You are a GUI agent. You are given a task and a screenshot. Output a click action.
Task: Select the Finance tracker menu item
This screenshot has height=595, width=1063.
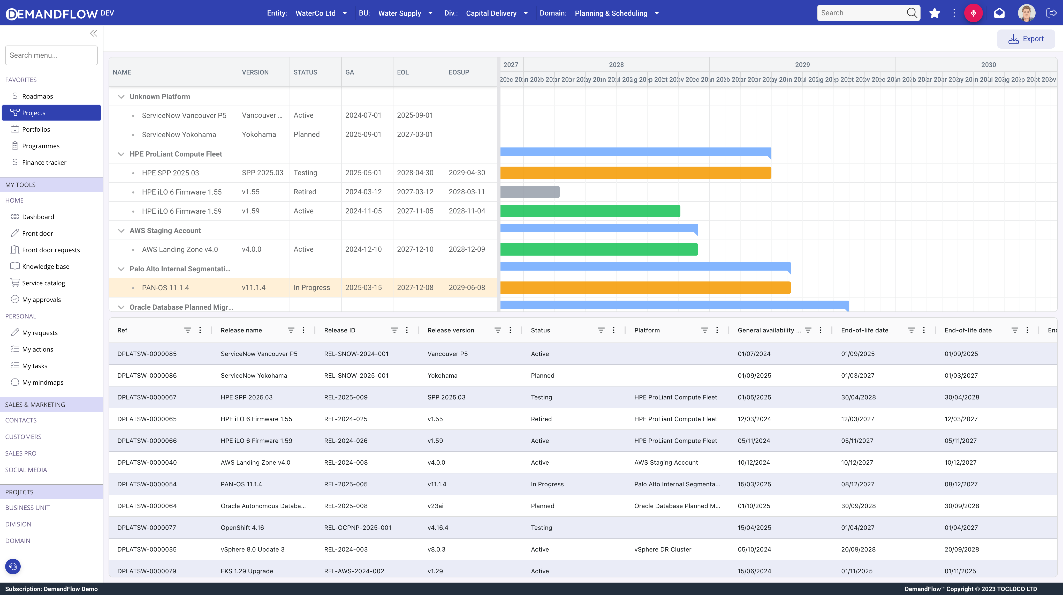(x=44, y=162)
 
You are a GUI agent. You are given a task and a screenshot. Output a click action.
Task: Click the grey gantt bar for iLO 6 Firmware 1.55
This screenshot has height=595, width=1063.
(x=530, y=192)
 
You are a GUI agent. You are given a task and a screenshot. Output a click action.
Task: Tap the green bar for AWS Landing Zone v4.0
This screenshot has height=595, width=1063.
(x=599, y=249)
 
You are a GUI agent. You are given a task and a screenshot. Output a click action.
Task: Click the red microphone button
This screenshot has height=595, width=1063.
(x=973, y=13)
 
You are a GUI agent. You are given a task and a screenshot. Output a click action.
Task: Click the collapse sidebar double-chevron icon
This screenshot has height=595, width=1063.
(x=94, y=33)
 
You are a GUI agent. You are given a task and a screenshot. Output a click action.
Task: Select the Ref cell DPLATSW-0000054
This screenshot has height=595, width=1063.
(x=147, y=484)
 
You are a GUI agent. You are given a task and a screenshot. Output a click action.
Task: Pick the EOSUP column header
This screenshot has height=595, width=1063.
(x=459, y=72)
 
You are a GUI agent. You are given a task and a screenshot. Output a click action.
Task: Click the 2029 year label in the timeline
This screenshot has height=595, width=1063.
(x=802, y=65)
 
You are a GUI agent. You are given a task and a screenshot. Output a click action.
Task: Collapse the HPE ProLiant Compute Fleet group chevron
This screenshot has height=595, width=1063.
(x=121, y=154)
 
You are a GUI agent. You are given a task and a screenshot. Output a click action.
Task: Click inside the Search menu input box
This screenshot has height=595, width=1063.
(x=51, y=55)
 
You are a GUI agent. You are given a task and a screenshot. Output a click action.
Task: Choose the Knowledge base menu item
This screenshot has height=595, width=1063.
(x=45, y=266)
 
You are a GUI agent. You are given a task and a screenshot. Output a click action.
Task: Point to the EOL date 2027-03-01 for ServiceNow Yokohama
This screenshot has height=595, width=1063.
(x=415, y=135)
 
